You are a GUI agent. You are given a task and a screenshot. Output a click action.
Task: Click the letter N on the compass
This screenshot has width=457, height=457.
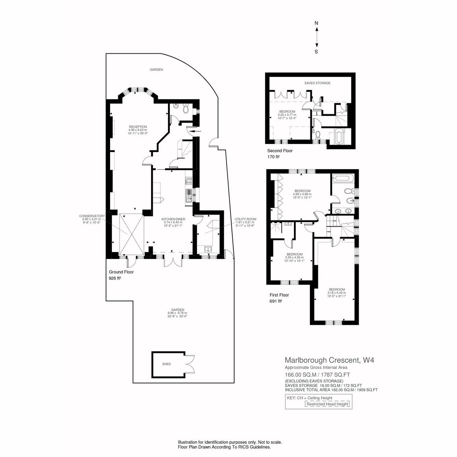pyautogui.click(x=316, y=23)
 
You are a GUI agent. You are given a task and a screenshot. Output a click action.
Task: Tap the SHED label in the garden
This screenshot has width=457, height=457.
pyautogui.click(x=166, y=364)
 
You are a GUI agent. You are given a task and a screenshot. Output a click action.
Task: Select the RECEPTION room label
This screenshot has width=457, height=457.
pyautogui.click(x=138, y=127)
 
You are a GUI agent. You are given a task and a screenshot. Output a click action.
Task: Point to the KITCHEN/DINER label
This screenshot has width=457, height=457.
pyautogui.click(x=173, y=219)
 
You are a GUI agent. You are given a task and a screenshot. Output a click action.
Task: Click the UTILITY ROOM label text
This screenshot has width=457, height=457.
pyautogui.click(x=245, y=219)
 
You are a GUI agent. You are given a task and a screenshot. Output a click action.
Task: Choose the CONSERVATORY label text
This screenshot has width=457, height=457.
pyautogui.click(x=92, y=216)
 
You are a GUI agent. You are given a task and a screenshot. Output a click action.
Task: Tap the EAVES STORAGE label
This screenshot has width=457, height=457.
pyautogui.click(x=317, y=83)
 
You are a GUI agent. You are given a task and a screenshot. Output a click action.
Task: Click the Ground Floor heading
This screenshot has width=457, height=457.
pyautogui.click(x=121, y=272)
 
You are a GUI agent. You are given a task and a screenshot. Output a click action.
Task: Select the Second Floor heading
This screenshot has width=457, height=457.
pyautogui.click(x=280, y=150)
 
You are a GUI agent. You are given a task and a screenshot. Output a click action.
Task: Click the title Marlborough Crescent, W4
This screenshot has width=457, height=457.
pyautogui.click(x=329, y=360)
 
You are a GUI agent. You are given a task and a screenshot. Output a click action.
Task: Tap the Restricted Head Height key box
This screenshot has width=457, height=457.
pyautogui.click(x=327, y=404)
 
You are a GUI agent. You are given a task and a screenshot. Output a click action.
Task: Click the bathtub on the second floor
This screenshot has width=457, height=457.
pyautogui.click(x=339, y=136)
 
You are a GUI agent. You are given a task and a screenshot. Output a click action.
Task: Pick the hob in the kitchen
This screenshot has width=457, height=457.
pyautogui.click(x=189, y=181)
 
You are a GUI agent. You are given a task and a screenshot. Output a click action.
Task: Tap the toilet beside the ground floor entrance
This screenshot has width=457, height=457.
pyautogui.click(x=186, y=109)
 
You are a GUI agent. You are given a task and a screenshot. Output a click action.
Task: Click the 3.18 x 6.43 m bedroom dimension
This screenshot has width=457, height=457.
pyautogui.click(x=337, y=292)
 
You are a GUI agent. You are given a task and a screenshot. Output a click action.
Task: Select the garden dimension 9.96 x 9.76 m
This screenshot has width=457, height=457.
pyautogui.click(x=177, y=313)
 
